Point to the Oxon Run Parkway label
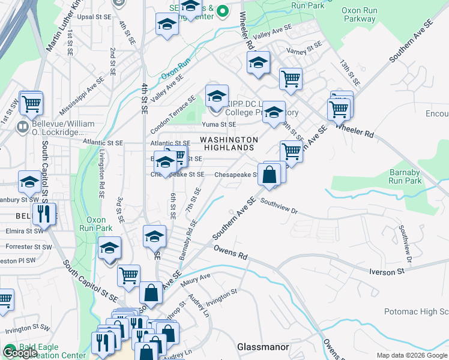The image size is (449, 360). pos(367,14)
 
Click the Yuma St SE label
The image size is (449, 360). pos(220,125)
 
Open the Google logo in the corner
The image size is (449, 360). pos(20,353)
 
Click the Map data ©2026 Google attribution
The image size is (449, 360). pos(411,355)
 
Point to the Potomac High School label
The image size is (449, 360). pos(417,312)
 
